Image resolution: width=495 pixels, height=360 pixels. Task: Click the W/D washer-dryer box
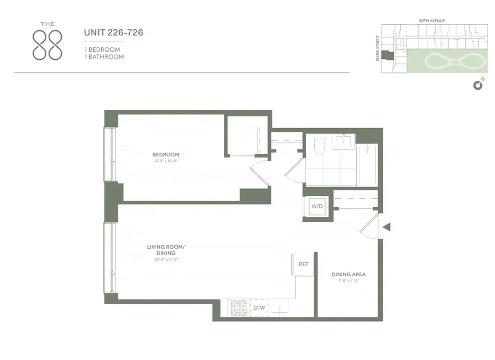click(318, 207)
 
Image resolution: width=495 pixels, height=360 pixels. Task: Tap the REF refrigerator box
click(304, 264)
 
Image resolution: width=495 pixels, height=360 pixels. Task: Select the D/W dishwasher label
click(259, 308)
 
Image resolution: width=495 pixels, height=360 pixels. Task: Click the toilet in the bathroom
click(319, 145)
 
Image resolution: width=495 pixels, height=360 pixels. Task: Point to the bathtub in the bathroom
click(368, 165)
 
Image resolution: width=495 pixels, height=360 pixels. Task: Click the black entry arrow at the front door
click(386, 228)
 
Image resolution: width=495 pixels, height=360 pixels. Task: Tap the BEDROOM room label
click(166, 155)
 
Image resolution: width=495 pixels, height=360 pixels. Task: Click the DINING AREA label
click(349, 274)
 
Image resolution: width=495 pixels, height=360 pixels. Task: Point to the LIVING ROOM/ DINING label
click(166, 250)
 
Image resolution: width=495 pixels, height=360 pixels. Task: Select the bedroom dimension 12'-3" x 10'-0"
click(166, 161)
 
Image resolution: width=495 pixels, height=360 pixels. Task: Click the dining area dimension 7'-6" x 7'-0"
click(349, 280)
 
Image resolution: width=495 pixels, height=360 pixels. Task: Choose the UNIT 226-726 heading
click(114, 32)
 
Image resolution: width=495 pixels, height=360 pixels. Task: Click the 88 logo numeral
click(47, 45)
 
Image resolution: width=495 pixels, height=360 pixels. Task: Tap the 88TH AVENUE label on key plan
click(431, 21)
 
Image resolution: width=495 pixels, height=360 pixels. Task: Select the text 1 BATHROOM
click(104, 57)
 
